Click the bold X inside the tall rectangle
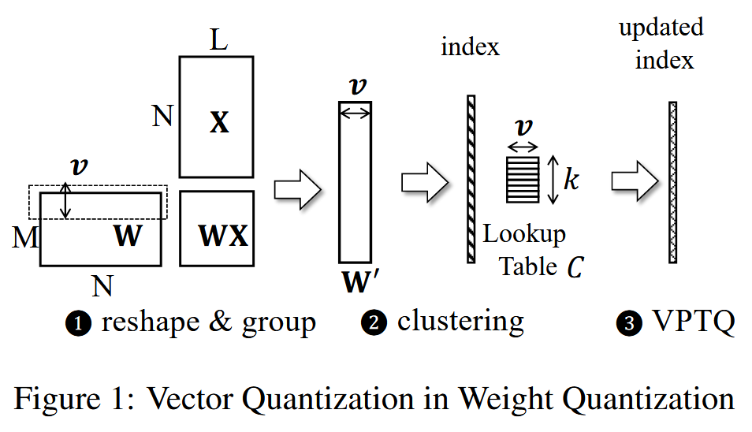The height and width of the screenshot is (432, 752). coord(219,122)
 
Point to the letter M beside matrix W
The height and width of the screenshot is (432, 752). coord(25,236)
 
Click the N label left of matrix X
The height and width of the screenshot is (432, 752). coord(162,117)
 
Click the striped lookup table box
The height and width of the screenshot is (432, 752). coord(523,179)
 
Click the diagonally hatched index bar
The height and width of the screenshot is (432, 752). coord(471,179)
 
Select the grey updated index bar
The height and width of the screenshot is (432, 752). coord(673,181)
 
